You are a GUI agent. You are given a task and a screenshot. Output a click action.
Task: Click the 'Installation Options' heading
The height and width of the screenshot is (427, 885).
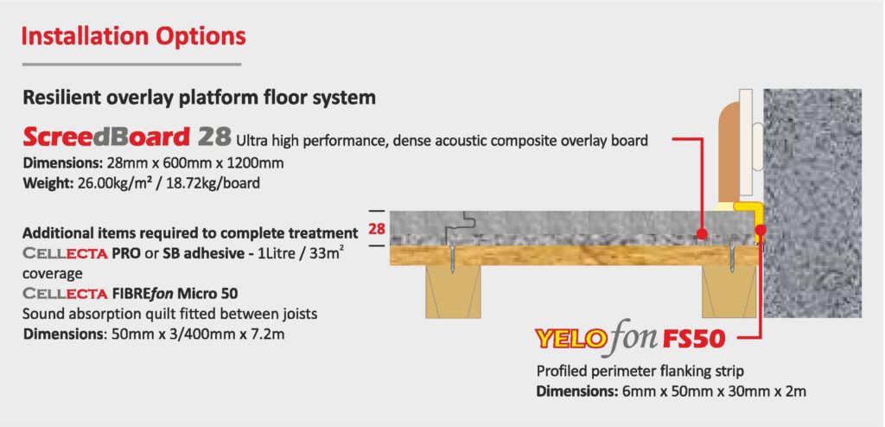133,36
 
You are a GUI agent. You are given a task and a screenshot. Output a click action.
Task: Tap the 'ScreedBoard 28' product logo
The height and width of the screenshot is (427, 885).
127,137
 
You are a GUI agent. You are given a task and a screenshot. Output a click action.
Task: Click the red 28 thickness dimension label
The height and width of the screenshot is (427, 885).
377,229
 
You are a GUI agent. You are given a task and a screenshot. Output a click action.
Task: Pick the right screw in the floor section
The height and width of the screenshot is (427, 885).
732,258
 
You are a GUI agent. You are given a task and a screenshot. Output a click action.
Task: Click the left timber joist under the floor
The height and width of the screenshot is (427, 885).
453,291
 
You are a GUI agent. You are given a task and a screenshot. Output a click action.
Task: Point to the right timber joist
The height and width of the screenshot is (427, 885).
730,291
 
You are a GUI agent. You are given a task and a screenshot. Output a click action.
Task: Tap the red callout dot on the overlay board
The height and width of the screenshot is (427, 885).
702,233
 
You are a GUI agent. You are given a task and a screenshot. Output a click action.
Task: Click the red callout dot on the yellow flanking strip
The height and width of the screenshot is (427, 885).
761,230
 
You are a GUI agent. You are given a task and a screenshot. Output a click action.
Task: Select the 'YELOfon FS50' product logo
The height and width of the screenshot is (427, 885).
629,339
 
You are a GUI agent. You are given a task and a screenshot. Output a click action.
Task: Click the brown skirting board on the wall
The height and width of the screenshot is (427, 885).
729,151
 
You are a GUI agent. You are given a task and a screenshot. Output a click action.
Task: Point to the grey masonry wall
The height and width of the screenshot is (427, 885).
812,203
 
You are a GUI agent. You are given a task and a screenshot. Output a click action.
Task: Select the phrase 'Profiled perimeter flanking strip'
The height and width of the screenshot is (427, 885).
640,371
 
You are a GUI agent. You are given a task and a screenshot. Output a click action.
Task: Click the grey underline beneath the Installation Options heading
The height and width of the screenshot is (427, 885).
131,64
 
